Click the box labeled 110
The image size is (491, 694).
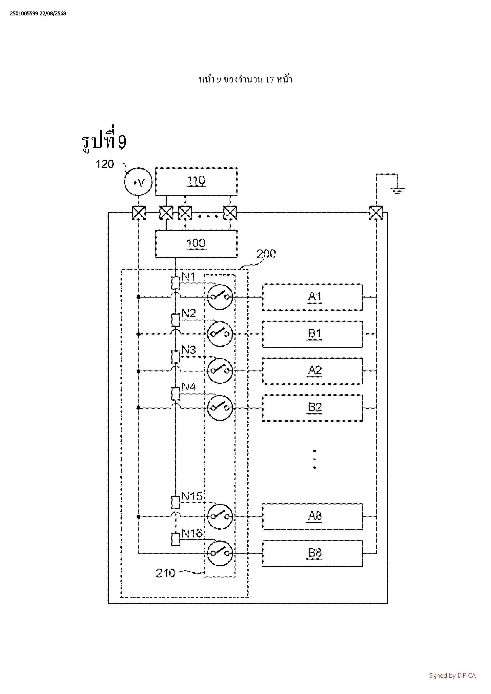[196, 181]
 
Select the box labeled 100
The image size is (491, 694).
[196, 244]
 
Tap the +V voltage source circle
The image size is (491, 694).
[138, 182]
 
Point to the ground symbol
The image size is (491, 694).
[397, 191]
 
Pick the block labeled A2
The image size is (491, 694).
[312, 371]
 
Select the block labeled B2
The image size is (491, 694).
[312, 408]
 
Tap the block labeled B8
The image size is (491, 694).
[312, 554]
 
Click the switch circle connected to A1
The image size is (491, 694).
[220, 297]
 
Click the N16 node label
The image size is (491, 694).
[192, 534]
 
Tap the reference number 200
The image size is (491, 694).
[266, 254]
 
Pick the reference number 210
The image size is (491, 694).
[165, 573]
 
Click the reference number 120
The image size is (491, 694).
[105, 164]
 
